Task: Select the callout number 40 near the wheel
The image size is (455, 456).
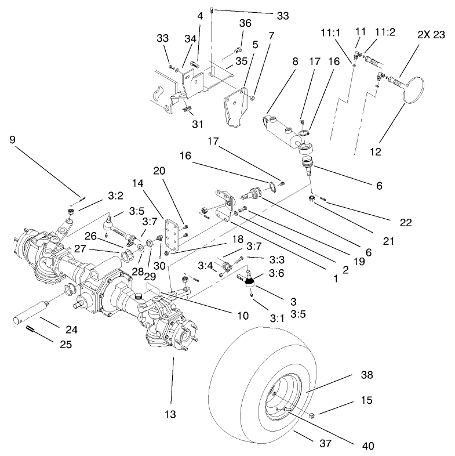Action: (367, 447)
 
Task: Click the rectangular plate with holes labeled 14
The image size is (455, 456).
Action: (172, 231)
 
